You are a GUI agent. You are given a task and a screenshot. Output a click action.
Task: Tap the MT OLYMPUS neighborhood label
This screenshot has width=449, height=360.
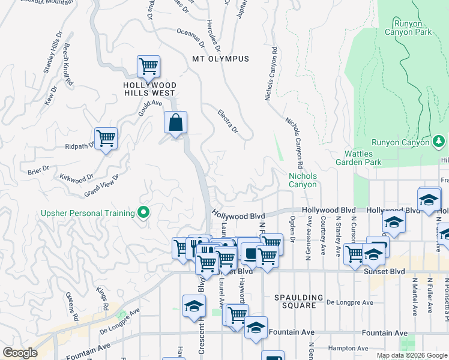coord(220,59)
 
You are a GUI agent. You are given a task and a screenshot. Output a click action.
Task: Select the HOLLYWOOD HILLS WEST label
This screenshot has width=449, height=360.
coord(149,89)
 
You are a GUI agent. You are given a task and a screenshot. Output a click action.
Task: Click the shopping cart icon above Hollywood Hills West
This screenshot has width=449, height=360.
coord(148,66)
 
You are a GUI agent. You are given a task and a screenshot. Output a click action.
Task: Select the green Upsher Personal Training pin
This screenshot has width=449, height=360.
coord(143,213)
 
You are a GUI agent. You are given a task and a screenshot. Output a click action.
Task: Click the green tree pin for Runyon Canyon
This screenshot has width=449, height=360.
coord(439,142)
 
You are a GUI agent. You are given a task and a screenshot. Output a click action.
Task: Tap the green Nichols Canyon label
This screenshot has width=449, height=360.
coord(303,181)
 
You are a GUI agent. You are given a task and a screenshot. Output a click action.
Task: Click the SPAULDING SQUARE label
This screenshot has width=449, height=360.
coord(295,301)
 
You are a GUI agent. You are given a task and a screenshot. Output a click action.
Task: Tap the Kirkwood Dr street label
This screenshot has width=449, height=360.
coord(77,178)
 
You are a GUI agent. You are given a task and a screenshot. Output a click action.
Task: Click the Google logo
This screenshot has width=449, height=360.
coord(20,353)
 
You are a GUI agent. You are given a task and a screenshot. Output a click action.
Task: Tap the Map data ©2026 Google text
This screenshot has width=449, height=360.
coord(411,355)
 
